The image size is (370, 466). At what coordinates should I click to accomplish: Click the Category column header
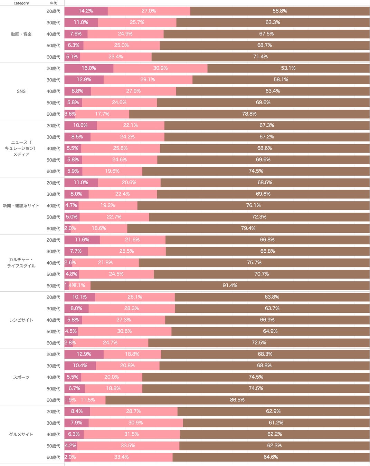tap(21, 3)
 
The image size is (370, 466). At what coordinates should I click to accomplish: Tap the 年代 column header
tap(53, 3)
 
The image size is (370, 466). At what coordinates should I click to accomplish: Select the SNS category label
tap(21, 91)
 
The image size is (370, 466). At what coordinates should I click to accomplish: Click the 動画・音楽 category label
tap(21, 34)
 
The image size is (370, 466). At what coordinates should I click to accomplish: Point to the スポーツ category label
tap(21, 377)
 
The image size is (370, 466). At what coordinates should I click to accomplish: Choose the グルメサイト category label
tap(21, 435)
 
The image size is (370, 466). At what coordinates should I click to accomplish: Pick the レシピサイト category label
tap(21, 320)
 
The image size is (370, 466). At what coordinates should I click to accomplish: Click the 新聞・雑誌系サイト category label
tap(21, 206)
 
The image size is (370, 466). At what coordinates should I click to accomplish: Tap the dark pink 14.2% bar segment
tap(86, 11)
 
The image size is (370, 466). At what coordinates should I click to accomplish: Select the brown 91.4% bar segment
tap(230, 285)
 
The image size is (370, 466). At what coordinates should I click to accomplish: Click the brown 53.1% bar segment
tap(288, 68)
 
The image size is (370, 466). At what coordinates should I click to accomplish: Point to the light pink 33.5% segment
tap(128, 446)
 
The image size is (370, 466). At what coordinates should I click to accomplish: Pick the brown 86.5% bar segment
tap(237, 400)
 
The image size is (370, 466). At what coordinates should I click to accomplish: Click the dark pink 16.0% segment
tap(89, 68)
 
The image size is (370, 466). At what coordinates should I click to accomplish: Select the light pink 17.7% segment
tap(102, 114)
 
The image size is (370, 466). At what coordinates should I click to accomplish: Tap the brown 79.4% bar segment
tap(248, 228)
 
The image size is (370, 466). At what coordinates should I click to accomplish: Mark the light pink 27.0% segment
tap(149, 11)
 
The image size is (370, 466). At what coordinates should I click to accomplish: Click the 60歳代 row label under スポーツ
tap(53, 400)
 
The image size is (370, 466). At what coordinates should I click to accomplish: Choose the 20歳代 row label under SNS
tap(53, 68)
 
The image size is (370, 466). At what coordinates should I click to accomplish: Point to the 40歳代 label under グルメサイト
tap(53, 435)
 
